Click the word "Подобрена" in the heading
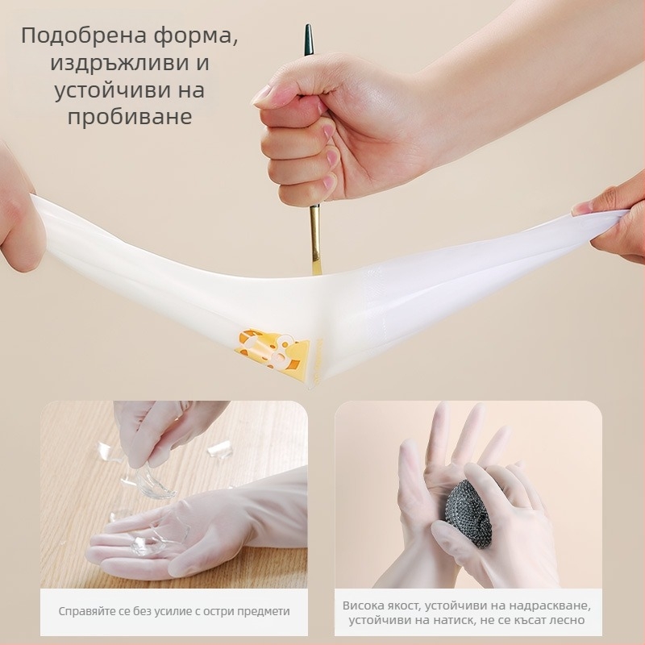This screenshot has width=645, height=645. click(x=84, y=35)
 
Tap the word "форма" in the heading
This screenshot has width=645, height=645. click(x=196, y=35)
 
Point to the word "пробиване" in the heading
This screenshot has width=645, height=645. click(x=130, y=117)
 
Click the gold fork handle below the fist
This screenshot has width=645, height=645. click(x=315, y=239)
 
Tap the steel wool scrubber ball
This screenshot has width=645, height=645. click(x=470, y=514)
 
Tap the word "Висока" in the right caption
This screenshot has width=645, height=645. click(x=362, y=605)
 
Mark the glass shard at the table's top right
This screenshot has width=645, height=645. click(x=219, y=450)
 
